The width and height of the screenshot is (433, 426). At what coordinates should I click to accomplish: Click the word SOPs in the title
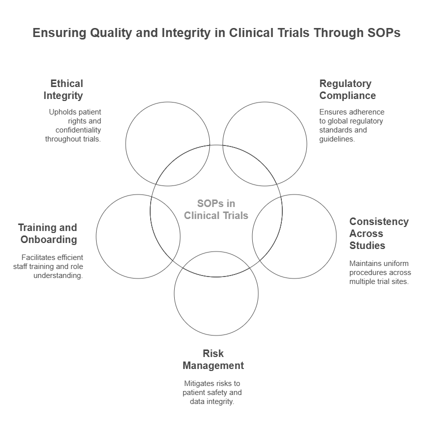pos(383,33)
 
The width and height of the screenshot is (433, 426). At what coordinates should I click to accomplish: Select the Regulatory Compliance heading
pos(347,89)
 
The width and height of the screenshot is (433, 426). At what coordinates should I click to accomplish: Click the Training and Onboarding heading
pos(49,233)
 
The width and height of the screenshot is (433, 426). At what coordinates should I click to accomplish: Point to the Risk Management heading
pos(213,359)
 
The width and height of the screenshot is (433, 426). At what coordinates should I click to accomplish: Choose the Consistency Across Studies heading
pos(378,233)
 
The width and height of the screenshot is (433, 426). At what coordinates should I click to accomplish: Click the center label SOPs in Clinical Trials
pos(216,209)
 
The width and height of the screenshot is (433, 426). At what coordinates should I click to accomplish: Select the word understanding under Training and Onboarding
pos(58,275)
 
